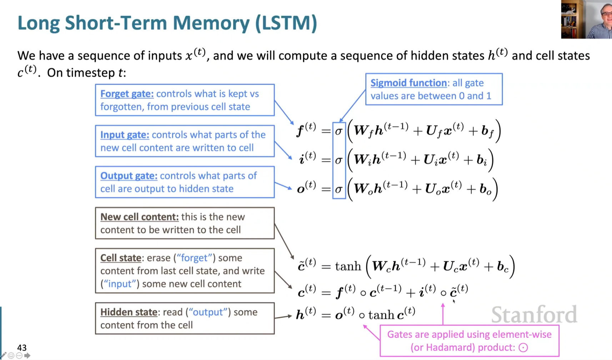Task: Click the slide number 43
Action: point(22,347)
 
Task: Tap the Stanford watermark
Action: point(534,315)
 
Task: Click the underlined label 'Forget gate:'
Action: point(127,94)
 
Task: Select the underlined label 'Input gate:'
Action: point(125,135)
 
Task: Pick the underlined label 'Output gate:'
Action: point(129,176)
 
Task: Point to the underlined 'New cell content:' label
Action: point(139,217)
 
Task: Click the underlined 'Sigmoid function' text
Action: point(408,83)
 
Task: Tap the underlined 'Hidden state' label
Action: point(129,312)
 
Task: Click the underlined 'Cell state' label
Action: point(121,258)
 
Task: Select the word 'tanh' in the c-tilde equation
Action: point(348,266)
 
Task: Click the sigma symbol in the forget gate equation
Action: point(338,131)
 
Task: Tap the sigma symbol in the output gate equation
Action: point(338,189)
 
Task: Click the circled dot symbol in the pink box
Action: point(523,347)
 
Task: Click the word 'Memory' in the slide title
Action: point(211,23)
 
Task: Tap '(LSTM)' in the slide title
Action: point(286,23)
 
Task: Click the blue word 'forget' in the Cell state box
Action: point(194,258)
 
